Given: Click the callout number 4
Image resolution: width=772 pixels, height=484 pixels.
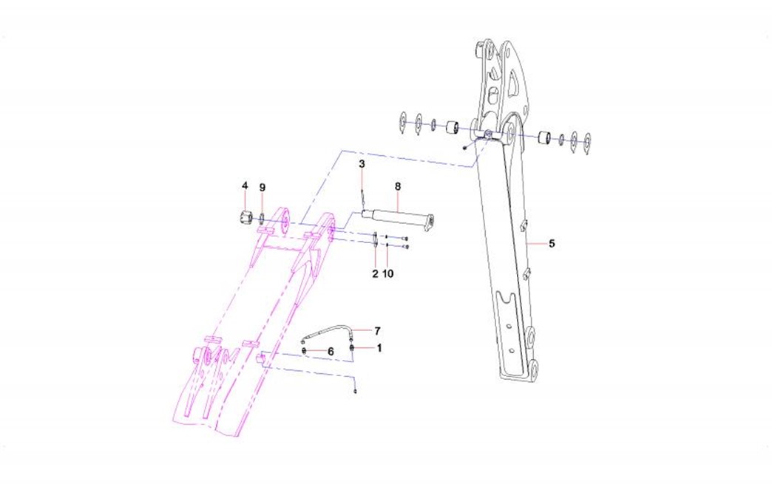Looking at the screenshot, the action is click(245, 185).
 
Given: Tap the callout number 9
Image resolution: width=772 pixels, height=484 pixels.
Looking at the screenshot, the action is click(263, 188).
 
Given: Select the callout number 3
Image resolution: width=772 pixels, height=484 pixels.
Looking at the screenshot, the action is click(362, 164).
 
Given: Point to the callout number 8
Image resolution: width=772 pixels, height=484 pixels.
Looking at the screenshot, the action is click(398, 186).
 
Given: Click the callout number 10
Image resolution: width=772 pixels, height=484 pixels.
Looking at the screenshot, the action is click(388, 273).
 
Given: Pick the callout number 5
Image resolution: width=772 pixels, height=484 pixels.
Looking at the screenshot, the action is click(552, 243).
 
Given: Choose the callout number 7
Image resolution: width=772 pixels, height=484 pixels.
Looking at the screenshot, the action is click(378, 330).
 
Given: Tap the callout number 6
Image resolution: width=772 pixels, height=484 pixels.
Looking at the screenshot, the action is click(331, 351).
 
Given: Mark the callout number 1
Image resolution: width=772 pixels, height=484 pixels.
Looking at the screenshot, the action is click(379, 348).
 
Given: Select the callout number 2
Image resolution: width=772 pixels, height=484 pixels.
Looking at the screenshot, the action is click(375, 273).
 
